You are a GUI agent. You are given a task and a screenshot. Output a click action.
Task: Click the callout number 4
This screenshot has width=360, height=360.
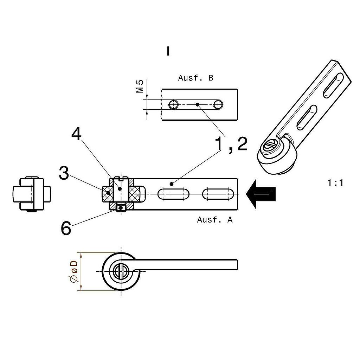click(x=76, y=134)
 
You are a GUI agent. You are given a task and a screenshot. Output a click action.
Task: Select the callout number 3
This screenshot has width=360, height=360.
click(x=64, y=173)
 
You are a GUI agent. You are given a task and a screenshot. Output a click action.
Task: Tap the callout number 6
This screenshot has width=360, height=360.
click(x=66, y=229)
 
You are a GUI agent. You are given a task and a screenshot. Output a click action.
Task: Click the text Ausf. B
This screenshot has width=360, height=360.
click(x=195, y=78)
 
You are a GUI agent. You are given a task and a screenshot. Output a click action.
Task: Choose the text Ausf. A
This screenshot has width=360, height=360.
click(x=215, y=220)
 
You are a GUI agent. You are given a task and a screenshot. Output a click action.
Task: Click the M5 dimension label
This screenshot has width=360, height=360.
click(x=140, y=86)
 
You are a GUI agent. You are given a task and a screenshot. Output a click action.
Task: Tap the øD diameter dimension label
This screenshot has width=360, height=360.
click(x=74, y=271)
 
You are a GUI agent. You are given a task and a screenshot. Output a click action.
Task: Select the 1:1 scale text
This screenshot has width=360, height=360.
click(x=335, y=183)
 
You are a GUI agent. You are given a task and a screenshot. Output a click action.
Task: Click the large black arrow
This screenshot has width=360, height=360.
click(x=261, y=194)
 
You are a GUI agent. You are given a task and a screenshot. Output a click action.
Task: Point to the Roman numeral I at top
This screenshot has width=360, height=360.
click(x=168, y=51)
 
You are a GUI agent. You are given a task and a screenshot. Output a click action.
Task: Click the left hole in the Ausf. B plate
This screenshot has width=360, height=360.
click(x=174, y=105)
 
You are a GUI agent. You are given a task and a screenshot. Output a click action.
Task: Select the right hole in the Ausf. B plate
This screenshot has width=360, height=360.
click(x=218, y=105)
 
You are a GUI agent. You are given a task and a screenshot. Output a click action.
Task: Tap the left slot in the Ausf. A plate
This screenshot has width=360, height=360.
click(x=173, y=194)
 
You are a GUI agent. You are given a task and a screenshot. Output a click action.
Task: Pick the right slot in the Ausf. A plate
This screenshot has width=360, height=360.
click(x=218, y=194)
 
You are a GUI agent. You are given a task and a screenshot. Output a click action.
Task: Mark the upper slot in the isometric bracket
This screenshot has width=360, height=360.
click(x=333, y=85)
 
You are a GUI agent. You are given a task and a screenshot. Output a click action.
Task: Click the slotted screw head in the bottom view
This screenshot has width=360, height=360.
click(x=121, y=271)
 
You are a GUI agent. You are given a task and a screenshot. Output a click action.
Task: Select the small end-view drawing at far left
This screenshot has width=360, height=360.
click(x=31, y=194)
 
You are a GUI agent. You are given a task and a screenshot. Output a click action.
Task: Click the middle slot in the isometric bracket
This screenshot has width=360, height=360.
click(x=307, y=117)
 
